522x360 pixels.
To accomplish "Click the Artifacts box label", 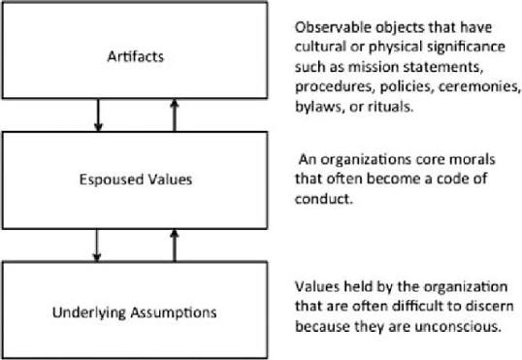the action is point(136,56).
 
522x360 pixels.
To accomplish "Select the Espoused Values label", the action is point(136,180).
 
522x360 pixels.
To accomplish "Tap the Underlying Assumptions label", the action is point(135,312).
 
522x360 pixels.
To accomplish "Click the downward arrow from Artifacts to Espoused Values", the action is point(98,115).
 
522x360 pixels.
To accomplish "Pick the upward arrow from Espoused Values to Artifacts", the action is point(175,115).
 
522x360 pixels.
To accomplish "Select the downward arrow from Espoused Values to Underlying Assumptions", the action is point(97,245).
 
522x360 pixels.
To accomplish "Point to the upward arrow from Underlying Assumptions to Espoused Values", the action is point(174,245).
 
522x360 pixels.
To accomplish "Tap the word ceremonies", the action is point(479,86).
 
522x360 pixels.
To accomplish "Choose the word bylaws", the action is point(319,108).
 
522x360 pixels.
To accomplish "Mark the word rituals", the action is point(390,107).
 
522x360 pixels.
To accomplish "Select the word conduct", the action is point(323,199).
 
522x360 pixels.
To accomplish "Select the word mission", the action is point(374,67).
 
